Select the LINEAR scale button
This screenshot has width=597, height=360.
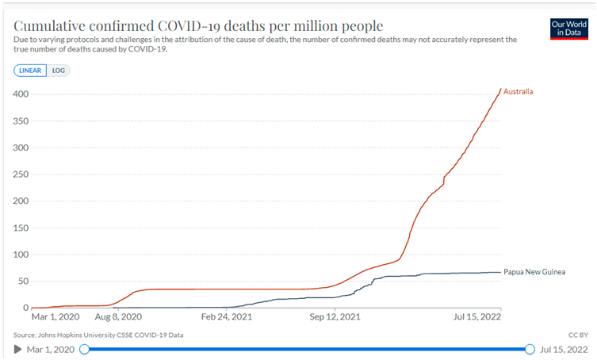point(30,70)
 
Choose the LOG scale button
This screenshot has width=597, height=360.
point(59,70)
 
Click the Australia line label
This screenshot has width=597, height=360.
point(518,92)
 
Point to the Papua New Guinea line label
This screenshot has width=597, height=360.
point(539,272)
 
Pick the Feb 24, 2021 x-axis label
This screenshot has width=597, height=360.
point(227,316)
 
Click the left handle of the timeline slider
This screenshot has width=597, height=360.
point(85,349)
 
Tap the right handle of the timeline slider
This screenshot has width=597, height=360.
point(530,349)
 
